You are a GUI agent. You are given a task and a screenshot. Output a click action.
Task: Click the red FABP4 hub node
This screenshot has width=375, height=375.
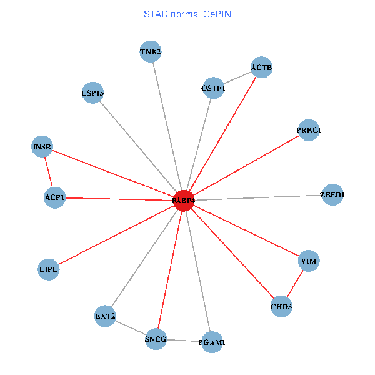click(x=184, y=201)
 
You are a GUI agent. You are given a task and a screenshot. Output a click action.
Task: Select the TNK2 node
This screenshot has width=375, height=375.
click(x=151, y=52)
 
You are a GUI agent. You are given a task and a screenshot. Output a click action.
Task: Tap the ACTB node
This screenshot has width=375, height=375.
click(x=262, y=67)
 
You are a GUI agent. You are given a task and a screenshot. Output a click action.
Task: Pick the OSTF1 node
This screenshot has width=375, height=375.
click(x=213, y=88)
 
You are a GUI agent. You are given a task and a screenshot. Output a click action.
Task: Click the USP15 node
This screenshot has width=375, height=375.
click(x=92, y=94)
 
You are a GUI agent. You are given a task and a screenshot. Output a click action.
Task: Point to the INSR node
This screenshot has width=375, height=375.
click(x=42, y=147)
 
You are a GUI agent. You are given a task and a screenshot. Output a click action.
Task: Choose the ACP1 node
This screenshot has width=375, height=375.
click(x=55, y=197)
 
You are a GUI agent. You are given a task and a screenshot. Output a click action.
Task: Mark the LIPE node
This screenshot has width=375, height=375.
click(x=48, y=269)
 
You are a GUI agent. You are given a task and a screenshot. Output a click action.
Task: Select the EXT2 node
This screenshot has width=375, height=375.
click(x=105, y=316)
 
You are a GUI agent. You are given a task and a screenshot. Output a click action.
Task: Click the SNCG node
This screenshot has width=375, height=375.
click(x=156, y=339)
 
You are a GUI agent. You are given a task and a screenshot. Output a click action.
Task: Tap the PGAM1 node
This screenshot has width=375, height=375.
click(x=212, y=342)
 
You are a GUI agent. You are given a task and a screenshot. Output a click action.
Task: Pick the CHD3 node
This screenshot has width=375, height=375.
click(x=282, y=306)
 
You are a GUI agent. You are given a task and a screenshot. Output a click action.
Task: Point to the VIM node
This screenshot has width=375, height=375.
click(x=309, y=261)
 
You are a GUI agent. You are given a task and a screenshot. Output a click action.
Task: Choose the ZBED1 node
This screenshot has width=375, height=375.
click(x=332, y=195)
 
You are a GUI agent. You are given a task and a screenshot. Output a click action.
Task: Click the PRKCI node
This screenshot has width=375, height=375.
click(x=309, y=130)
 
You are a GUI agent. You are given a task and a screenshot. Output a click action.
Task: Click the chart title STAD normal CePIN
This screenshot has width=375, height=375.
click(x=187, y=14)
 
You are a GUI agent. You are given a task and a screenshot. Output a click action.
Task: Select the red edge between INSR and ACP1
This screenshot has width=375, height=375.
click(x=48, y=172)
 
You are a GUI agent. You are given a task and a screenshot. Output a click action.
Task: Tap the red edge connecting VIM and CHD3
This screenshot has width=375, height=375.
click(x=296, y=283)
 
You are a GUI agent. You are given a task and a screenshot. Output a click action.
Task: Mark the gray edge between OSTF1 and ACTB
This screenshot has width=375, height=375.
click(x=237, y=78)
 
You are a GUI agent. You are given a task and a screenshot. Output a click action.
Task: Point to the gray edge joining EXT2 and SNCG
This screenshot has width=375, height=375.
click(x=130, y=327)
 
